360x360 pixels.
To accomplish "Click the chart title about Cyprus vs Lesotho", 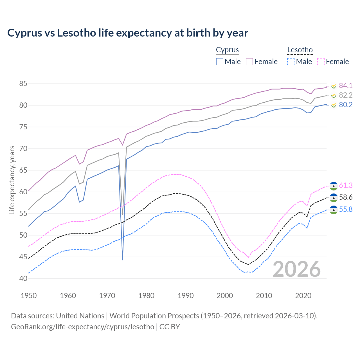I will [128, 33].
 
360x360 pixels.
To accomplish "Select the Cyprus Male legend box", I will [220, 62].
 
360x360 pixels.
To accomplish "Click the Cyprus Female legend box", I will [249, 62].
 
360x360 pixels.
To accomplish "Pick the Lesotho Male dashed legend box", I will [291, 62].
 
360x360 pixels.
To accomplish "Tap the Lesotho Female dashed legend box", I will [321, 62].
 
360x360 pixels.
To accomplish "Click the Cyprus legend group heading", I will [227, 50].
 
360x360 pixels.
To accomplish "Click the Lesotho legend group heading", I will [300, 50].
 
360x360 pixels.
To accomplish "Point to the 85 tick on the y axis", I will [23, 84].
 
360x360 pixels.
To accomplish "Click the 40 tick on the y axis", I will [23, 278].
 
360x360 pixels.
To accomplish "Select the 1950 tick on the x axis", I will [29, 296].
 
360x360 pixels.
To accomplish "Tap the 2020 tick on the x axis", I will [303, 296].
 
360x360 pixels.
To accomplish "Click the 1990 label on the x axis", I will [186, 296].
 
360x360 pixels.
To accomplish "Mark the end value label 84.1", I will [346, 85].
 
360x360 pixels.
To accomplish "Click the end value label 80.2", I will [346, 105].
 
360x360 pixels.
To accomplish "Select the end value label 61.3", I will [346, 186].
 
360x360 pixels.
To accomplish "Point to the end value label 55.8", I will [346, 210].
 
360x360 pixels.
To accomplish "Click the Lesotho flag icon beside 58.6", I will [334, 198].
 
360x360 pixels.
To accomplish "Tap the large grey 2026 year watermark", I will [297, 269].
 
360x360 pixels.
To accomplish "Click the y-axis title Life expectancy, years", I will [12, 180].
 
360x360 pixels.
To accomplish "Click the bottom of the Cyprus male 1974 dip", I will [123, 260].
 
